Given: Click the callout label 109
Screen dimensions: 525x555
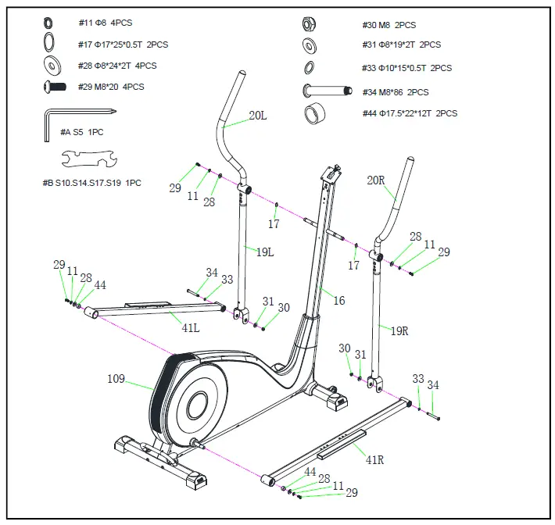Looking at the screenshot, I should (116, 380).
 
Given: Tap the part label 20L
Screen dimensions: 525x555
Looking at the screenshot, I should (258, 116).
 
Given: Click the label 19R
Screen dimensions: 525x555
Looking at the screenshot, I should (399, 330).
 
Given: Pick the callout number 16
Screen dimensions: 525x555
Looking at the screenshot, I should (338, 301).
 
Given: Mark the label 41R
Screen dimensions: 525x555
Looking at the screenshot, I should (375, 459).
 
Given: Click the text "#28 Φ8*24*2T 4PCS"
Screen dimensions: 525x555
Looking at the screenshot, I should (117, 66).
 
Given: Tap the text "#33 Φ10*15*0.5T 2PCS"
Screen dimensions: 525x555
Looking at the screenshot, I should (406, 68).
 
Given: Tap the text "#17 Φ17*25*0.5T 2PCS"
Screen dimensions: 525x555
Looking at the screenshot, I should (123, 45).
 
